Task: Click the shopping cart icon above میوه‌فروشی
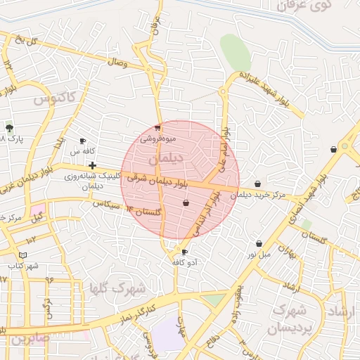157,128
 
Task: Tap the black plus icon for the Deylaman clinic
92,165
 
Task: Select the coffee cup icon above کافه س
83,141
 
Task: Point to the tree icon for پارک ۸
9,128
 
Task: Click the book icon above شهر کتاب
23,255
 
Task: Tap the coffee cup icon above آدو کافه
184,252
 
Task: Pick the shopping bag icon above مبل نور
259,243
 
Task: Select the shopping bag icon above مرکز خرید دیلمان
257,184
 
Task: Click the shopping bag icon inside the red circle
186,202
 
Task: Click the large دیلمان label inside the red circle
167,159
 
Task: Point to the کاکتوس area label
53,98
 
